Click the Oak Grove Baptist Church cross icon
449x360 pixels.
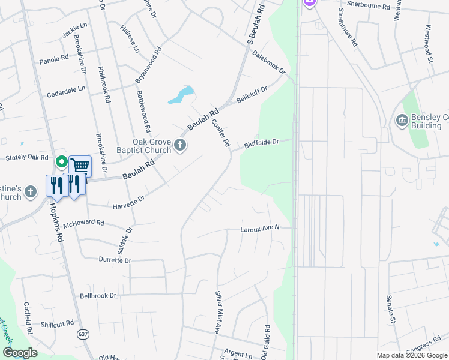(180, 145)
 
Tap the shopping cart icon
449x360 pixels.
(80, 166)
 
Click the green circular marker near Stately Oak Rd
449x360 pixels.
(61, 161)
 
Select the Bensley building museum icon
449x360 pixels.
(400, 121)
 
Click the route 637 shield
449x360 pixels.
(83, 333)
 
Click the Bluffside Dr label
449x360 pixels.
(262, 143)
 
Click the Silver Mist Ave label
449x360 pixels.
(218, 313)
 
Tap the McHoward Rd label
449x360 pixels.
(83, 223)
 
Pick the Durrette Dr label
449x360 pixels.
(115, 260)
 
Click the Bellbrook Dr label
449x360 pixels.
(98, 296)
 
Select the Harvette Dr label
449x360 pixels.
(129, 202)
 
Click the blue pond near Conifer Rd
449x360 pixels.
(181, 95)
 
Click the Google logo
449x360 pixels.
(20, 353)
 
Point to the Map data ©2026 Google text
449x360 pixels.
(412, 355)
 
